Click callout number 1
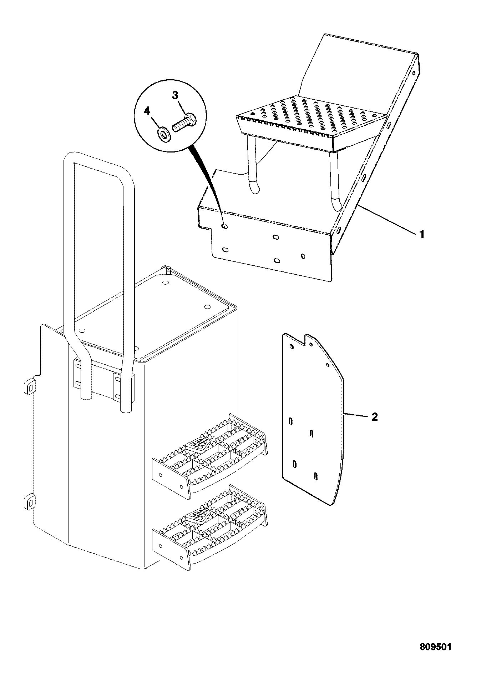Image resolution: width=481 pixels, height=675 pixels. (x=421, y=235)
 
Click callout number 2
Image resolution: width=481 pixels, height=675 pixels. (x=374, y=417)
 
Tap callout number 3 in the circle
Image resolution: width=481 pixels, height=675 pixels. (x=175, y=95)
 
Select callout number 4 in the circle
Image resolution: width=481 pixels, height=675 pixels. (x=147, y=111)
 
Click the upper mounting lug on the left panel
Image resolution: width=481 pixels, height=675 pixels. (x=30, y=386)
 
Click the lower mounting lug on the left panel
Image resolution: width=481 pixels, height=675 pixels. (x=30, y=502)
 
